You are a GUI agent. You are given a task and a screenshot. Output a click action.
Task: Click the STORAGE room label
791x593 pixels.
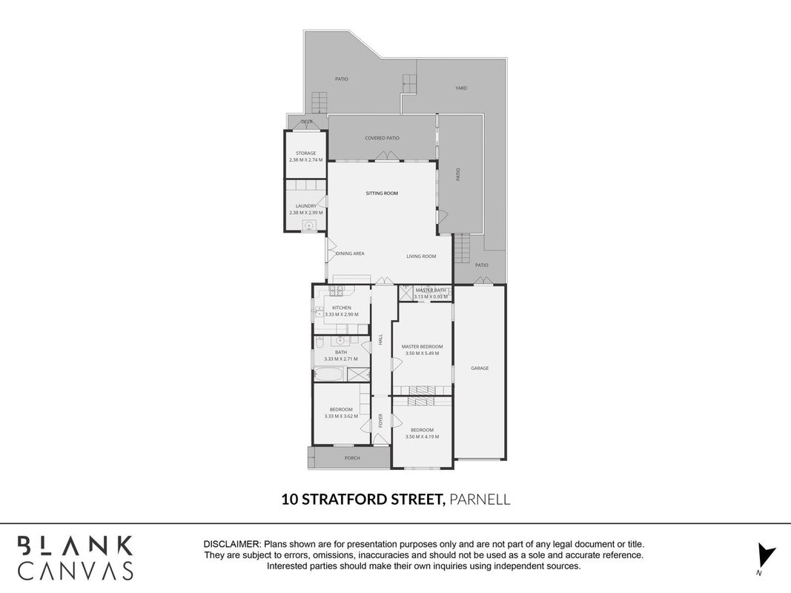[x=305, y=153]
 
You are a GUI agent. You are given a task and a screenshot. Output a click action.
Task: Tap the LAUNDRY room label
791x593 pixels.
[x=305, y=206]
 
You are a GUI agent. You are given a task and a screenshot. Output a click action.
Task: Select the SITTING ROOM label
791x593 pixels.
[x=382, y=193]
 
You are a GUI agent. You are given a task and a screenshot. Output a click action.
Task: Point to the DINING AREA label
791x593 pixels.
[x=350, y=254]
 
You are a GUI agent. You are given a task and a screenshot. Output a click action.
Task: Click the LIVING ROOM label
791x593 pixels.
[x=421, y=256]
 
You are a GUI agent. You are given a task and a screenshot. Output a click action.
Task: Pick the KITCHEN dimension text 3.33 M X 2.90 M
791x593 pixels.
[x=342, y=314]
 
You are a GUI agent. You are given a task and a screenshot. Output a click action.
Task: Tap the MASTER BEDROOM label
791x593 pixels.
[x=423, y=346]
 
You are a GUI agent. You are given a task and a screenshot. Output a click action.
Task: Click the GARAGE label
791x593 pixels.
[x=480, y=368]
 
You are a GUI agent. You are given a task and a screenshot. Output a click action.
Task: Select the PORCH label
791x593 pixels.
[x=352, y=458]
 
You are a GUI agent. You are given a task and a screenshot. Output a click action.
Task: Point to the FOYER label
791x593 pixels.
[x=381, y=421]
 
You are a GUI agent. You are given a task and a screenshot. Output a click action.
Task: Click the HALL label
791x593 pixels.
[x=381, y=339]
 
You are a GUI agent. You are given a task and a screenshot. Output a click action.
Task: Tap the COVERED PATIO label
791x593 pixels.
[x=382, y=138]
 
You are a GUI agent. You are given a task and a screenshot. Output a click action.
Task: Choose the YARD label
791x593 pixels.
[x=461, y=88]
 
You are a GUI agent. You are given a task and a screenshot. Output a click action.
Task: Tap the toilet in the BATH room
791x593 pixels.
[x=320, y=344]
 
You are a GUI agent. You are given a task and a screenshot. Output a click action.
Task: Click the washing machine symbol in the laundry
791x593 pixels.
[x=308, y=226]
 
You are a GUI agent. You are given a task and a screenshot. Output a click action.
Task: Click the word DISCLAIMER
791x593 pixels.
[x=231, y=545]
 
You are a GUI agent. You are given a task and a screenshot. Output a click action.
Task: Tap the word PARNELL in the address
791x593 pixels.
[x=479, y=499]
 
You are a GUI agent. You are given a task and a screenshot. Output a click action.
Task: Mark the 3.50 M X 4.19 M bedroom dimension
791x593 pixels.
[x=423, y=437]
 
